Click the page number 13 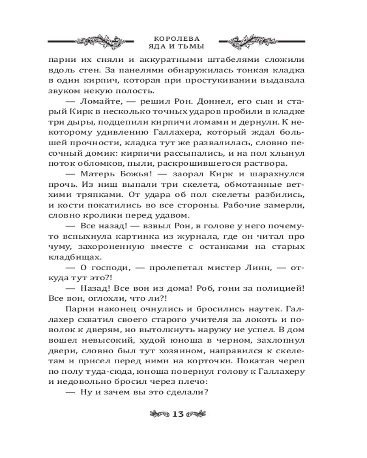click(178, 414)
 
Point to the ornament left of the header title click(99, 41)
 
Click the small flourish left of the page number click(158, 414)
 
